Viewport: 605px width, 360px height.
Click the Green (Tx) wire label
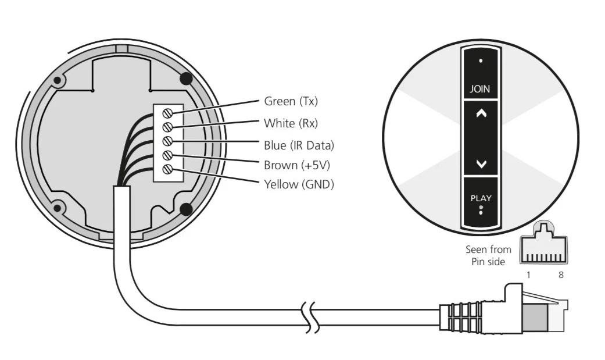coord(291,101)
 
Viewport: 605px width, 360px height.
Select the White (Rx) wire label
coord(291,123)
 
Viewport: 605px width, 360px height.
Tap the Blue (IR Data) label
coord(299,145)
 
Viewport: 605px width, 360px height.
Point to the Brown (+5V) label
coord(297,165)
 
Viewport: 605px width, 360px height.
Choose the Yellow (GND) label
coord(299,184)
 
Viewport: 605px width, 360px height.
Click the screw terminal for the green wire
coord(167,113)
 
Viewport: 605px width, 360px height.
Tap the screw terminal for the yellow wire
coord(167,169)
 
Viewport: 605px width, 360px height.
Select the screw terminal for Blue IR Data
coord(167,141)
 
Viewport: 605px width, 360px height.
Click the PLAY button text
coord(481,198)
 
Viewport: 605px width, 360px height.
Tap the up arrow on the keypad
coord(481,113)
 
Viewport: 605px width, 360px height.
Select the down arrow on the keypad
coord(481,164)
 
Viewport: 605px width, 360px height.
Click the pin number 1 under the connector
coord(528,275)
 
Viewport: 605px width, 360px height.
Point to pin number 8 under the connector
coord(561,275)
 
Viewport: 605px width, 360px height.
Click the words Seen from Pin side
coord(488,256)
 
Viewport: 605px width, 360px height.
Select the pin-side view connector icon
coord(543,243)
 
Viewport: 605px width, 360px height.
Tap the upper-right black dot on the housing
coord(186,79)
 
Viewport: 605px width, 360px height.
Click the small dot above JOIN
coord(481,60)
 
